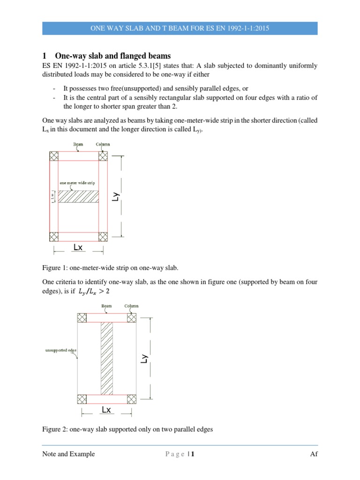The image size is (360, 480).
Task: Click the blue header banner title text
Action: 180,29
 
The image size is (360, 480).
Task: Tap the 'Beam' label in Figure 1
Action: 78,144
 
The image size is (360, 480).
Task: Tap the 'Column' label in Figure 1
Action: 103,144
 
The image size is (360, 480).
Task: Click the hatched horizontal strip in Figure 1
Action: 78,196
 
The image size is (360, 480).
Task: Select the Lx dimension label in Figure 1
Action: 78,247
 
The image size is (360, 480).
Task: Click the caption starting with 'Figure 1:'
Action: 111,268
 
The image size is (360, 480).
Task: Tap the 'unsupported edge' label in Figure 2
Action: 59,350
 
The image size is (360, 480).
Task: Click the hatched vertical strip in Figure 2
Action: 107,358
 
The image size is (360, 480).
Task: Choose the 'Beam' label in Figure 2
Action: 107,306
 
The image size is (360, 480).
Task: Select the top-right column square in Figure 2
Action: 131,317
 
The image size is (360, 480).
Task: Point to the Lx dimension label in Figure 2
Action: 106,410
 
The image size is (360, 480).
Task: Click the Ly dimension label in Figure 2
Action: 145,358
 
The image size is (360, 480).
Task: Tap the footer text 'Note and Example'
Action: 68,454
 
